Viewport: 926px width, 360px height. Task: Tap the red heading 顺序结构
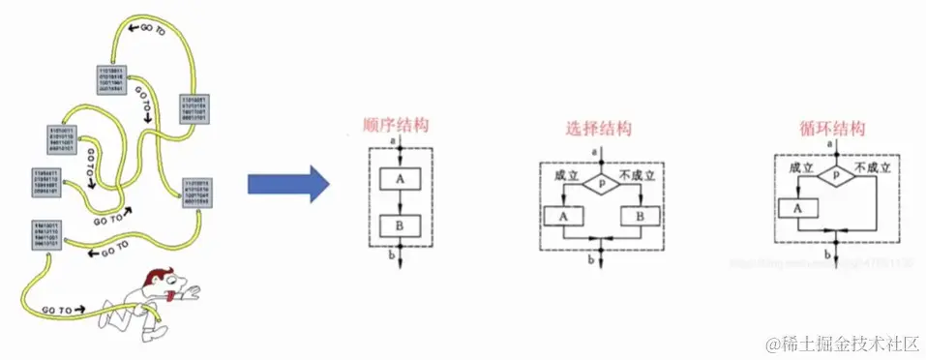pos(396,126)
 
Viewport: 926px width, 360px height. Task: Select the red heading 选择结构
pos(599,128)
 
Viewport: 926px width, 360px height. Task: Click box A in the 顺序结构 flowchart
pos(399,179)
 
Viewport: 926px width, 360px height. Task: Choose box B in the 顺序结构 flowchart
pos(399,226)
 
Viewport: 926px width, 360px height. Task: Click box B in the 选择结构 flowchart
pos(640,215)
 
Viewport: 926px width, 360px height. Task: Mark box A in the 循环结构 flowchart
pos(797,206)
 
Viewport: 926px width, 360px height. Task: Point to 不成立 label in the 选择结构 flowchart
pos(638,174)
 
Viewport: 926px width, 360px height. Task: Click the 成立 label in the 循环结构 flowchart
pos(799,167)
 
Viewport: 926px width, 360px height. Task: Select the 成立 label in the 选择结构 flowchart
pos(565,174)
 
